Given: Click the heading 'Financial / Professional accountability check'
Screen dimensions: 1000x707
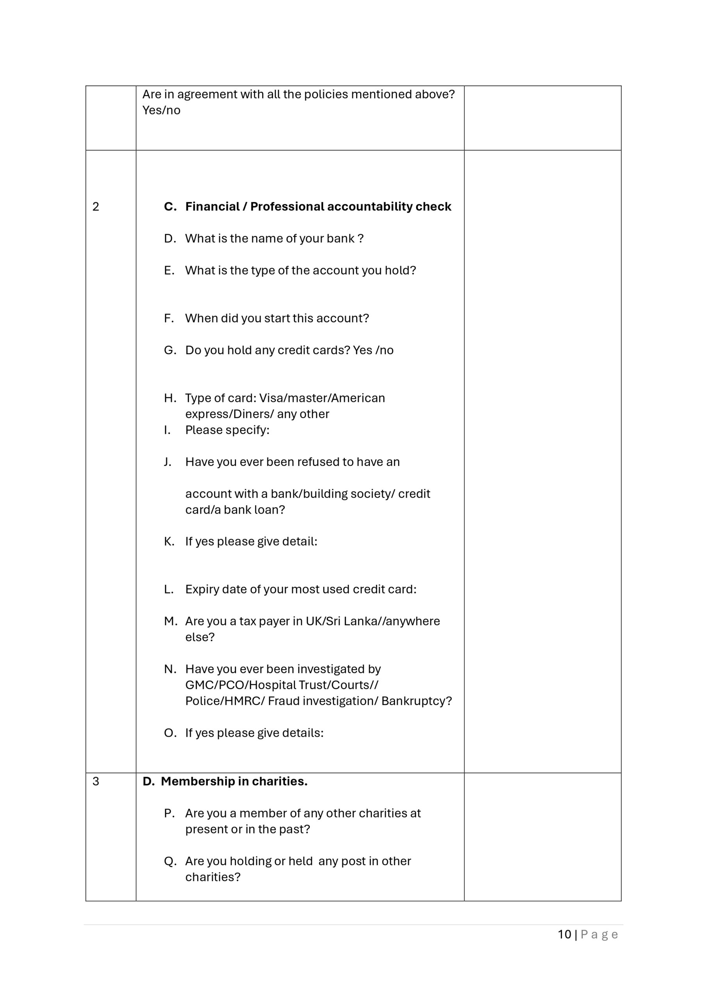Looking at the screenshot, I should (x=318, y=207).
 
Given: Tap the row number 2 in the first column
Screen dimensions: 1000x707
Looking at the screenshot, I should (x=96, y=207).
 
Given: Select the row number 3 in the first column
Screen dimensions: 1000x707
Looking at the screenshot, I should (x=96, y=781).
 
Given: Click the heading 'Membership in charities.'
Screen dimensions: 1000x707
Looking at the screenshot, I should (x=234, y=781).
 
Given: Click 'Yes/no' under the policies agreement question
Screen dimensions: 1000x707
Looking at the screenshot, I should (x=161, y=110).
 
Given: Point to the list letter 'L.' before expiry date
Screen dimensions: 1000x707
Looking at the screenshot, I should (x=169, y=589).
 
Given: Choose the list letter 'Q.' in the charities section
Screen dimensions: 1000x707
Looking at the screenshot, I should (x=170, y=861).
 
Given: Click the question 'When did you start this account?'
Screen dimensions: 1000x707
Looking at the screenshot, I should (x=277, y=318).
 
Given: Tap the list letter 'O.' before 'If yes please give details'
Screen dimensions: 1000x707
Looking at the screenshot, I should (x=170, y=733).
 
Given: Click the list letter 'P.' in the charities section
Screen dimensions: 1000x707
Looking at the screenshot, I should (x=170, y=813).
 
